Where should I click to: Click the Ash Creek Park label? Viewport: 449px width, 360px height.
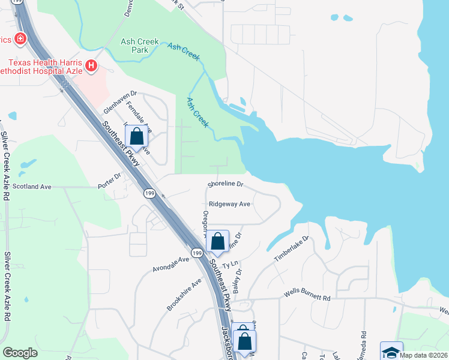click(139, 46)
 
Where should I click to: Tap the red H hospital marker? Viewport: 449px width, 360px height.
click(91, 65)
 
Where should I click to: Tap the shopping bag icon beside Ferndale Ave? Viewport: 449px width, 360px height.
click(137, 137)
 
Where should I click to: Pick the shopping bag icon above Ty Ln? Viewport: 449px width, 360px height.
click(218, 242)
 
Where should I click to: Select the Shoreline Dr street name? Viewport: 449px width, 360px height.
click(225, 184)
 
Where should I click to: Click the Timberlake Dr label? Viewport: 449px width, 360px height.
click(291, 248)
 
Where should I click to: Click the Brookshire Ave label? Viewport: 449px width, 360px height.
click(184, 294)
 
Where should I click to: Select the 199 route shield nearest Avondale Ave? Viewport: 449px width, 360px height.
click(197, 254)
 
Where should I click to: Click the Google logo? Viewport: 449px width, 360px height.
click(20, 353)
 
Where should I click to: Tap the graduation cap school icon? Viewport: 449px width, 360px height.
click(391, 352)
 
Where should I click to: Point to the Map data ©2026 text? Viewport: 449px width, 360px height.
click(424, 355)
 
